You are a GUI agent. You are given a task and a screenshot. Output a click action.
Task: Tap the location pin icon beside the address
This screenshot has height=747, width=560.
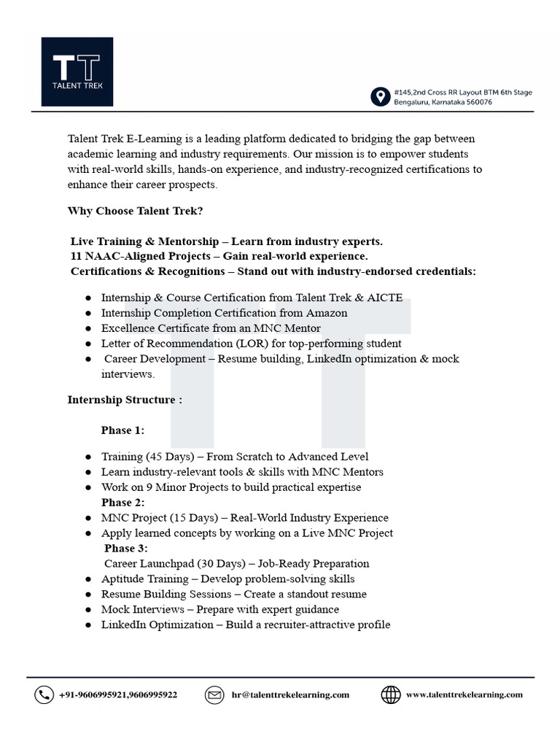pyautogui.click(x=380, y=97)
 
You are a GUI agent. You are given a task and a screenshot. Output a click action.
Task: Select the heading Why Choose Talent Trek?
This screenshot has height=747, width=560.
pyautogui.click(x=135, y=211)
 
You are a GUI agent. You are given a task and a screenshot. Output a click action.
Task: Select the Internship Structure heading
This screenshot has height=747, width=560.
pyautogui.click(x=125, y=400)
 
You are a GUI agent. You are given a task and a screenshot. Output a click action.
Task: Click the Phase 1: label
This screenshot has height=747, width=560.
pyautogui.click(x=122, y=430)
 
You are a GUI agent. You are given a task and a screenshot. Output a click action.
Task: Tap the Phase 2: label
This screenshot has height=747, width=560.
pyautogui.click(x=122, y=503)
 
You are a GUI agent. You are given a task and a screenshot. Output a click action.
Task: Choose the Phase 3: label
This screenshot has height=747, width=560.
pyautogui.click(x=125, y=548)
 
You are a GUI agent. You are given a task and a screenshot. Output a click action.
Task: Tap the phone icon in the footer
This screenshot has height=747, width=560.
pyautogui.click(x=44, y=695)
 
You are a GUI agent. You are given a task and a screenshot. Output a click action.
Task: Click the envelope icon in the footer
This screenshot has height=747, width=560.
pyautogui.click(x=214, y=695)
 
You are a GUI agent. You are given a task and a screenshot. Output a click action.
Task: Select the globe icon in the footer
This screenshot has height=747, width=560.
pyautogui.click(x=391, y=695)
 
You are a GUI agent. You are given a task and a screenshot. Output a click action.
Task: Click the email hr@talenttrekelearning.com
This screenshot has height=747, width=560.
pyautogui.click(x=289, y=695)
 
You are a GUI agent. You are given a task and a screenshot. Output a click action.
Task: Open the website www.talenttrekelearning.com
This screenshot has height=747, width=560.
pyautogui.click(x=464, y=695)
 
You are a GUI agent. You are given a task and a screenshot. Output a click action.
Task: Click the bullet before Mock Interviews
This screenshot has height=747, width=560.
pyautogui.click(x=88, y=610)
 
